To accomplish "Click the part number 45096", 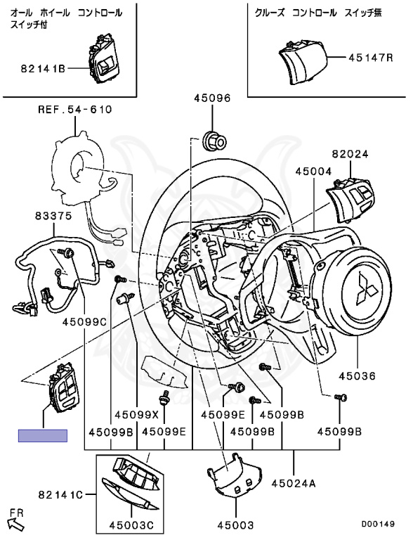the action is pyautogui.click(x=212, y=98).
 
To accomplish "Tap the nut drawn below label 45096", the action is pyautogui.click(x=214, y=141).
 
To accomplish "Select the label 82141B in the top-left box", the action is pyautogui.click(x=43, y=69).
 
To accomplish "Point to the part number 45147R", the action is pyautogui.click(x=370, y=57).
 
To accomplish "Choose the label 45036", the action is pyautogui.click(x=357, y=375).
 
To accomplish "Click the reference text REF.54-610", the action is pyautogui.click(x=75, y=110).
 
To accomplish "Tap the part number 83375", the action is pyautogui.click(x=53, y=217).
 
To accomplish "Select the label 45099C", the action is pyautogui.click(x=85, y=322).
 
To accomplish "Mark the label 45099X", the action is pyautogui.click(x=137, y=415).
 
